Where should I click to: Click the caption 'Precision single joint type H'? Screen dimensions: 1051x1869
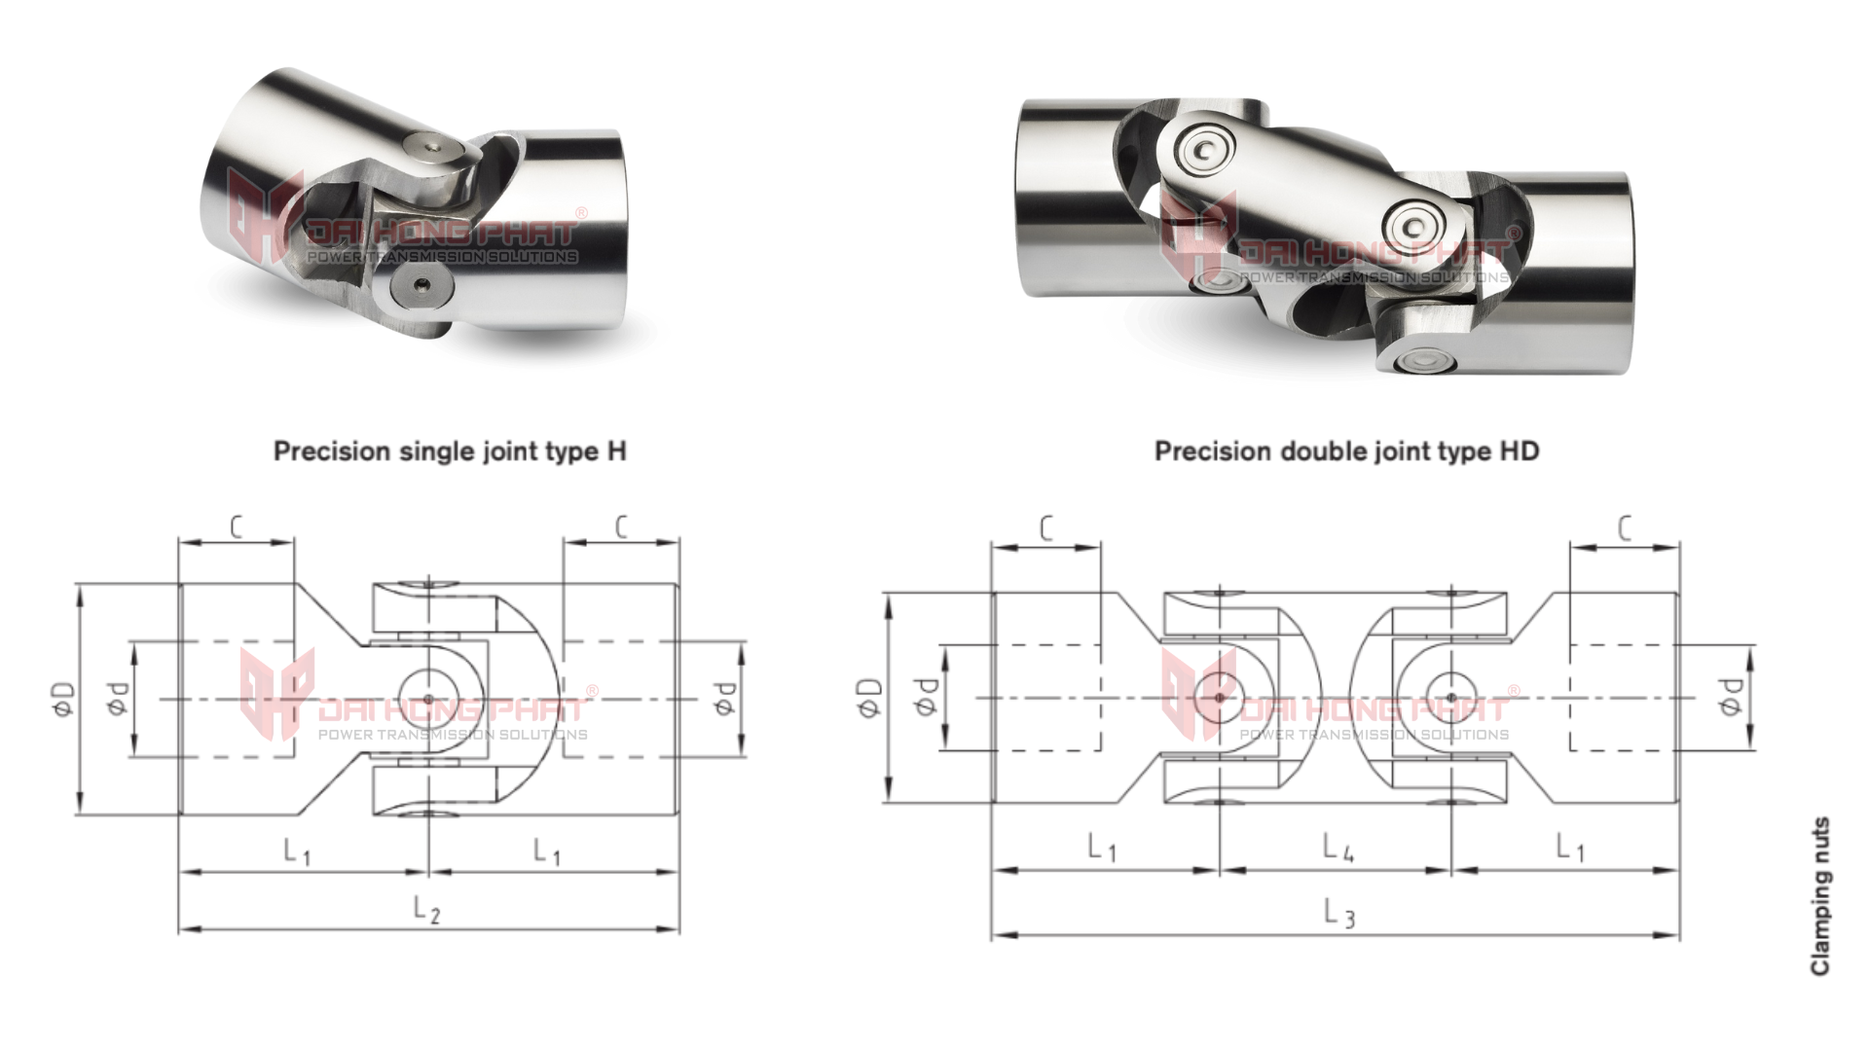[450, 452]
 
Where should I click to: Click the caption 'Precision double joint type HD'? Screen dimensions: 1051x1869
[1346, 452]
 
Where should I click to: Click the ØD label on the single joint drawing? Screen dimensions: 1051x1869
[63, 698]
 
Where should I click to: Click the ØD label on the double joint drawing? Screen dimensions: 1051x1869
[870, 697]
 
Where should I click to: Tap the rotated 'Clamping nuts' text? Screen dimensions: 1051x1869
[1820, 896]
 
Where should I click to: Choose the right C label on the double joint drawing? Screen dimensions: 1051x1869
[1624, 528]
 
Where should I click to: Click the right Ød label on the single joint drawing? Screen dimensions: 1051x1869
[724, 698]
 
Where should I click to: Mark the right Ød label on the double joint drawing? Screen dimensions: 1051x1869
[1729, 697]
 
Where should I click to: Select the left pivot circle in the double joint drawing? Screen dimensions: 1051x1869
[1218, 696]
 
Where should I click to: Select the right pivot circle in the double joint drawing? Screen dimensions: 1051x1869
[1450, 697]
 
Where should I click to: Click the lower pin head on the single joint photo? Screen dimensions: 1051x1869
[416, 288]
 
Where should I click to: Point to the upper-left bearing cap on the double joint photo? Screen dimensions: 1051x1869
[1204, 149]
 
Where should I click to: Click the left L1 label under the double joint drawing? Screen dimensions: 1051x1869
[1101, 848]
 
